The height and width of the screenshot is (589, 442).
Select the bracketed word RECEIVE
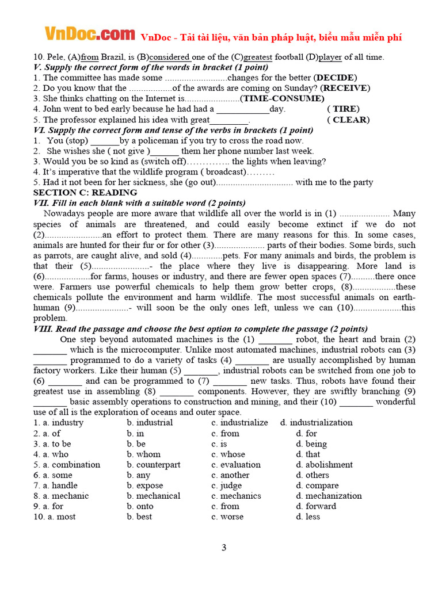[345, 88]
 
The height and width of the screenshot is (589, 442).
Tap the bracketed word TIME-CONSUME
[282, 98]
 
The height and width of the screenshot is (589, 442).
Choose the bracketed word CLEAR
[348, 120]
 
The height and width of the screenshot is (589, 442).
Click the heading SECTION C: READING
[85, 193]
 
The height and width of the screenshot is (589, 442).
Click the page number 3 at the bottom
[224, 548]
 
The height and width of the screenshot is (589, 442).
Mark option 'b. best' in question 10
[140, 517]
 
